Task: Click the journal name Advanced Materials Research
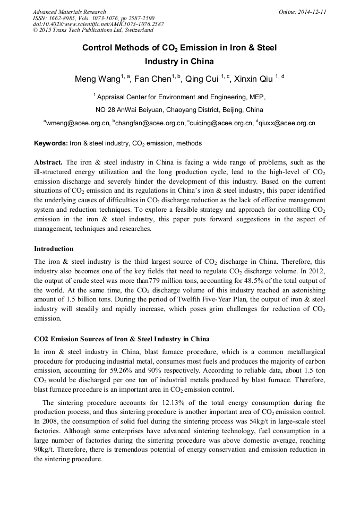pyautogui.click(x=69, y=12)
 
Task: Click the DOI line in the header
pyautogui.click(x=98, y=24)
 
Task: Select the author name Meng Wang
pyautogui.click(x=96, y=80)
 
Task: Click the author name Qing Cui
pyautogui.click(x=203, y=80)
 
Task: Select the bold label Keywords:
pyautogui.click(x=51, y=144)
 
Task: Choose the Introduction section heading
pyautogui.click(x=54, y=248)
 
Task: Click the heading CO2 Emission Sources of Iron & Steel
pyautogui.click(x=122, y=339)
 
